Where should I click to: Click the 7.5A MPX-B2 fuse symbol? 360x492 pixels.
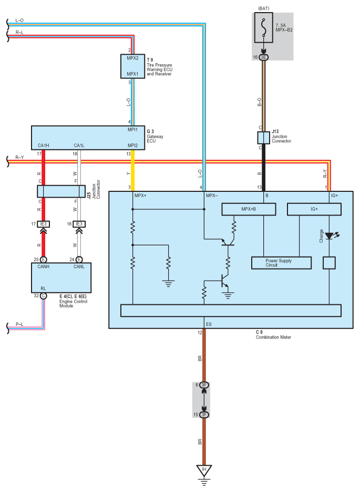[x=264, y=28]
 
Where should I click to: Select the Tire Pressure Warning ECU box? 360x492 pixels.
[x=132, y=66]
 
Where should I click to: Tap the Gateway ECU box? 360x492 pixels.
[x=88, y=138]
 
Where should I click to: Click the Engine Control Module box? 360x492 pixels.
[x=61, y=278]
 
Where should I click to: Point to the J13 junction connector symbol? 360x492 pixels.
[x=263, y=138]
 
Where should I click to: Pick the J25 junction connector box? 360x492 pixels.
[x=61, y=191]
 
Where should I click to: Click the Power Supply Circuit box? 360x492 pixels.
[x=281, y=263]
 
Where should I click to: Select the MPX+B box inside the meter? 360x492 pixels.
[x=249, y=209]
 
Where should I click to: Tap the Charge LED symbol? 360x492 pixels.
[x=330, y=235]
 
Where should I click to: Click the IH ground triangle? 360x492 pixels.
[x=204, y=470]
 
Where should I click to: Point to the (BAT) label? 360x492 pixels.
[x=264, y=8]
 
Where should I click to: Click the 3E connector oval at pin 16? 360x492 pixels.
[x=264, y=57]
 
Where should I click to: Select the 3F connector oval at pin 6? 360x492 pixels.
[x=204, y=385]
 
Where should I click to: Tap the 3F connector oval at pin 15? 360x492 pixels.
[x=204, y=415]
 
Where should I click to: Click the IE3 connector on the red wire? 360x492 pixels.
[x=43, y=224]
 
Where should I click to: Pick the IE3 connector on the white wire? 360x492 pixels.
[x=79, y=224]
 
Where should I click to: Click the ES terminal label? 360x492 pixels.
[x=209, y=324]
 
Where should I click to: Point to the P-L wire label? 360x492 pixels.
[x=19, y=324]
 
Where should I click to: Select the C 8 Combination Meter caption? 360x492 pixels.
[x=273, y=335]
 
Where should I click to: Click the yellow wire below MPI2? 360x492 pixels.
[x=132, y=171]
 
